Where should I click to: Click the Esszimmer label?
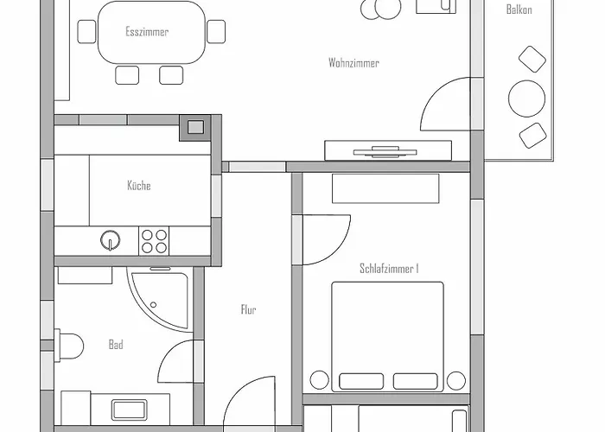pyautogui.click(x=147, y=32)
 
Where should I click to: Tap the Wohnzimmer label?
pyautogui.click(x=353, y=63)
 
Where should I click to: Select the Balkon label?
pyautogui.click(x=519, y=10)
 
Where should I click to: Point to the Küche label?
pyautogui.click(x=139, y=186)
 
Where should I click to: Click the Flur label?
pyautogui.click(x=248, y=309)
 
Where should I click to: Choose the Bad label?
pyautogui.click(x=116, y=345)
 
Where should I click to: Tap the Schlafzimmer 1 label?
pyautogui.click(x=389, y=269)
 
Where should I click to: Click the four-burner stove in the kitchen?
pyautogui.click(x=154, y=241)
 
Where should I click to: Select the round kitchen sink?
pyautogui.click(x=111, y=240)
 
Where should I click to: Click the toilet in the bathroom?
pyautogui.click(x=69, y=346)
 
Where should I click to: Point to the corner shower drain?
pyautogui.click(x=153, y=305)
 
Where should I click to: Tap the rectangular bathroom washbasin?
pyautogui.click(x=130, y=410)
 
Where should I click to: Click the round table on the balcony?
pyautogui.click(x=526, y=98)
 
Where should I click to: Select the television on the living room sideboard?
pyautogui.click(x=385, y=151)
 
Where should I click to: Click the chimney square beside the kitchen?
pyautogui.click(x=195, y=127)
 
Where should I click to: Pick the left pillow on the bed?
pyautogui.click(x=361, y=382)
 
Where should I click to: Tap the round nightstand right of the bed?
pyautogui.click(x=456, y=381)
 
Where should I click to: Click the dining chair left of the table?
pyautogui.click(x=86, y=32)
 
